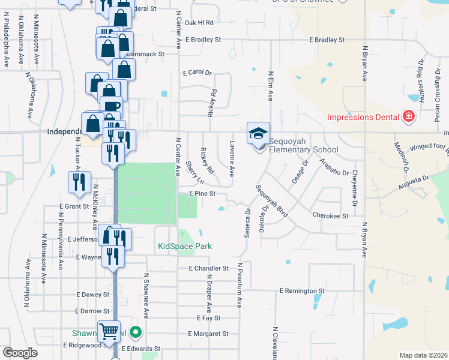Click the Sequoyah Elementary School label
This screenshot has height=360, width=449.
[303, 145]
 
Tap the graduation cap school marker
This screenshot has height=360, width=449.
[259, 133]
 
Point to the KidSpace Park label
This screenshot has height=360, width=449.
[185, 246]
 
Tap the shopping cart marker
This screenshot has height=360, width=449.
[109, 330]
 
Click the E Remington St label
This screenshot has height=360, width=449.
[302, 290]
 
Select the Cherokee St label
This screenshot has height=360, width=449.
[330, 215]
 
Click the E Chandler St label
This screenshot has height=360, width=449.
[208, 268]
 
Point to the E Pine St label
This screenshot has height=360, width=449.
[202, 194]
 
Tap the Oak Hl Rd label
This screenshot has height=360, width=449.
[199, 22]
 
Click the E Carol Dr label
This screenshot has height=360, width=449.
[197, 73]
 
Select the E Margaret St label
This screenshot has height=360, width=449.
[208, 334]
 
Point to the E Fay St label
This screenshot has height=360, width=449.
[208, 318]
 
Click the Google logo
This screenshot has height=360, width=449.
[20, 353]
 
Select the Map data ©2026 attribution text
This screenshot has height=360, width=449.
[424, 355]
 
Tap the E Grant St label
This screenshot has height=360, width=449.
[74, 206]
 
